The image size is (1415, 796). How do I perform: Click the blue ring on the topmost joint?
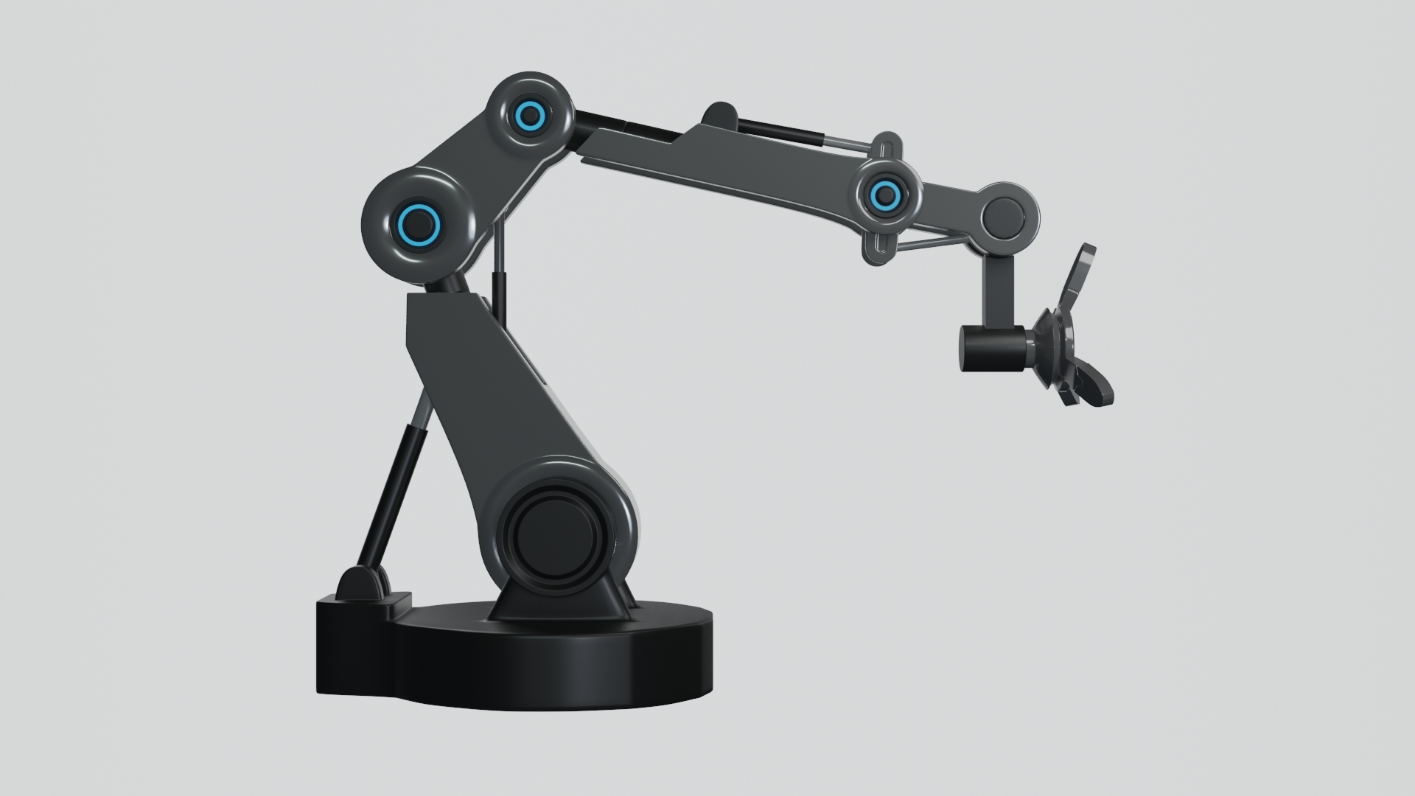pos(528,115)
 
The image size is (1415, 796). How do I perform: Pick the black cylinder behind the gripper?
pos(991,349)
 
